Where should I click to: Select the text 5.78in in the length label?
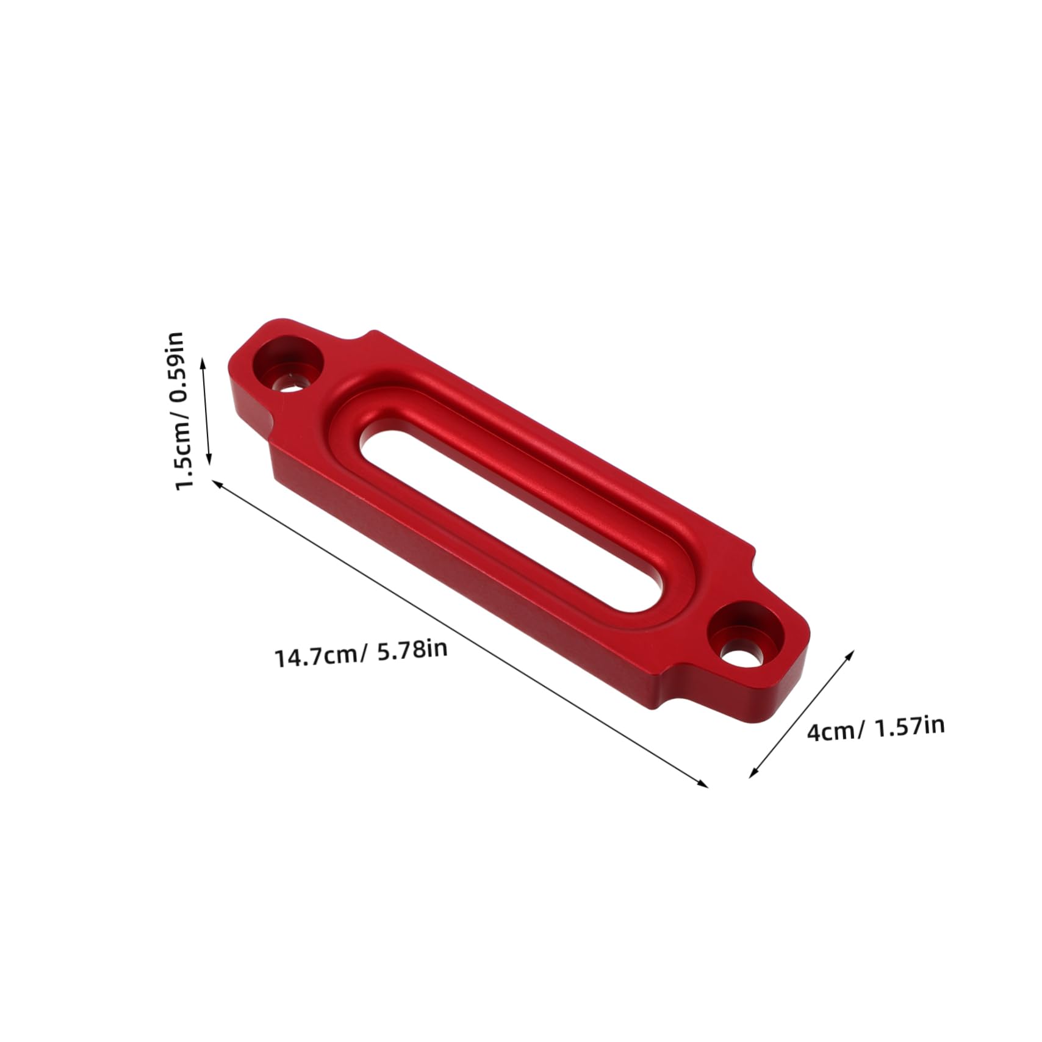pyautogui.click(x=412, y=649)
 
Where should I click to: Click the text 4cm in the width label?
pyautogui.click(x=830, y=730)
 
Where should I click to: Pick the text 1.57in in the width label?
pyautogui.click(x=909, y=726)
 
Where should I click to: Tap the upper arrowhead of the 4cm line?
pyautogui.click(x=851, y=652)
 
